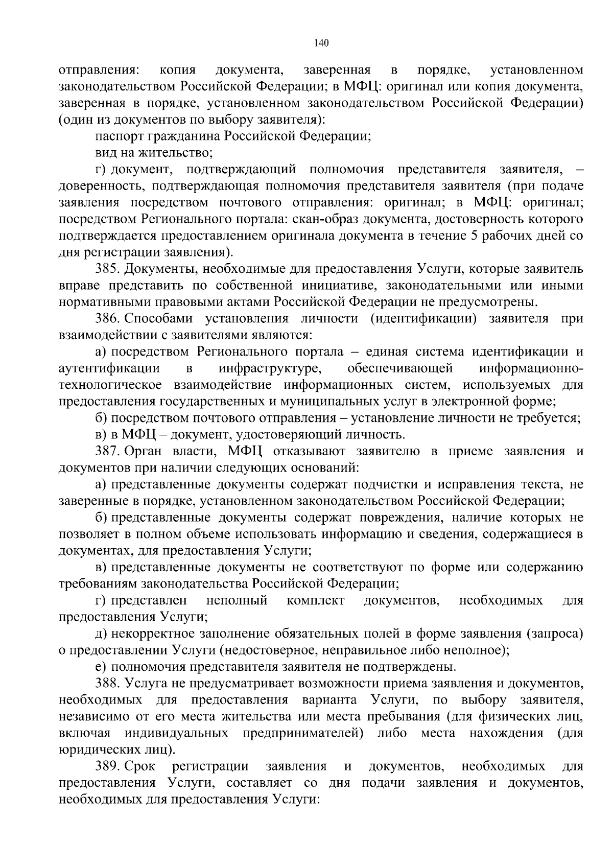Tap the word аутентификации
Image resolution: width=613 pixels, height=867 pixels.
click(x=109, y=368)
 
